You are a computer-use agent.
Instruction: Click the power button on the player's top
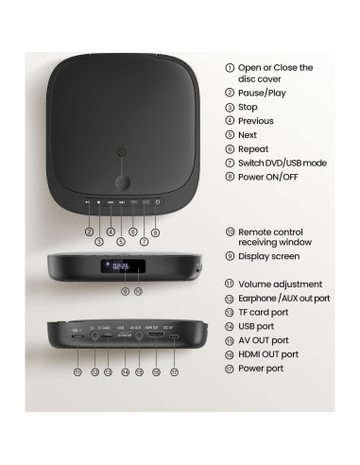(157, 201)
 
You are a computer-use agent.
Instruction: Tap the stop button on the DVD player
(99, 201)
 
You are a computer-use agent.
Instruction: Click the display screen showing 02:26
(121, 267)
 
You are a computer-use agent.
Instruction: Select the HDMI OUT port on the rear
(151, 335)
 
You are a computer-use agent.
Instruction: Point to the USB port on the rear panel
(122, 336)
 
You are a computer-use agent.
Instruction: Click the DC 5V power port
(168, 336)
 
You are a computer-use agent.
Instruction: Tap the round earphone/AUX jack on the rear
(93, 335)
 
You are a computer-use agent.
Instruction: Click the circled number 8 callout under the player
(155, 232)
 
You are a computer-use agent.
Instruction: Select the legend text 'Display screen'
(268, 255)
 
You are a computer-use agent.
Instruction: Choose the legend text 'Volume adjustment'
(280, 284)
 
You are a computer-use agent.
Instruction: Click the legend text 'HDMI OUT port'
(268, 353)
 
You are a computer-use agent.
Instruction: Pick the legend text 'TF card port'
(264, 312)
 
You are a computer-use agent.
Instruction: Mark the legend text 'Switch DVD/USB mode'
(283, 163)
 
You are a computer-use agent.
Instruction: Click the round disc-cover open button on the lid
(121, 181)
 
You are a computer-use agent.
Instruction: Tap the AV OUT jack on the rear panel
(136, 335)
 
